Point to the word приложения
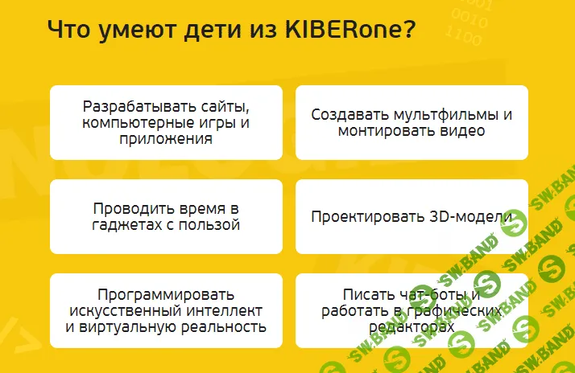(167, 138)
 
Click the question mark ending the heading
(409, 31)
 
